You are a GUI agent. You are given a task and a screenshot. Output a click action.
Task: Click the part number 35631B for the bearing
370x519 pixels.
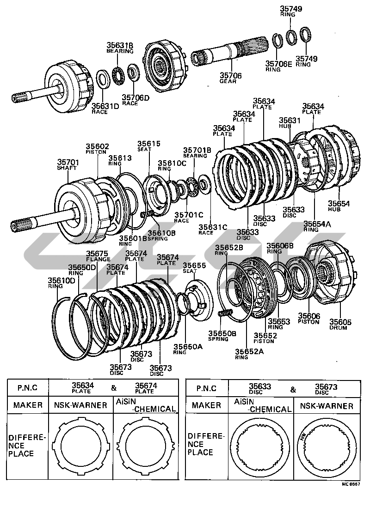pyautogui.click(x=120, y=45)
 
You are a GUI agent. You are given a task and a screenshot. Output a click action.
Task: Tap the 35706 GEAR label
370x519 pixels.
pyautogui.click(x=228, y=78)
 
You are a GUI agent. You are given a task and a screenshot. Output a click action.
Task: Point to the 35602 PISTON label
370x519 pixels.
pyautogui.click(x=97, y=149)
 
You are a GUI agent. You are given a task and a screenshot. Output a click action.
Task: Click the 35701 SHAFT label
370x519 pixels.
pyautogui.click(x=68, y=165)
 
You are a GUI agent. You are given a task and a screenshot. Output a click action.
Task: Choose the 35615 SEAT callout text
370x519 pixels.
pyautogui.click(x=148, y=146)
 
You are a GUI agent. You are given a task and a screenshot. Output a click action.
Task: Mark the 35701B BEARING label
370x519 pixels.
pyautogui.click(x=197, y=152)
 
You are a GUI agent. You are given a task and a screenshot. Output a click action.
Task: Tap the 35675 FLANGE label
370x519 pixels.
pyautogui.click(x=97, y=256)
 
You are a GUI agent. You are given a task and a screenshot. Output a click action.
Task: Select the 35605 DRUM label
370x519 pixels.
pyautogui.click(x=340, y=324)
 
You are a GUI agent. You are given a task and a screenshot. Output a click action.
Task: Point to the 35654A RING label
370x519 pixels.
pyautogui.click(x=317, y=226)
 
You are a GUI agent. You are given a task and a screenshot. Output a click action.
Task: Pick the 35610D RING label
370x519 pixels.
pyautogui.click(x=62, y=283)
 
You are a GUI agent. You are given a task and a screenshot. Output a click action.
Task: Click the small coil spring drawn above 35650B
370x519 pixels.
pyautogui.click(x=224, y=314)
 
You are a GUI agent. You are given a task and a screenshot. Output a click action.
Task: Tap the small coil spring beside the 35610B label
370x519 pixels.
pyautogui.click(x=147, y=214)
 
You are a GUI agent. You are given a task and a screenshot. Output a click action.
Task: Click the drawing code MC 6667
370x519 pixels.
pyautogui.click(x=351, y=484)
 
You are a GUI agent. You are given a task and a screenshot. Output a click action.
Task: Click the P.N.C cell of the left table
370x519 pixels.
pyautogui.click(x=27, y=388)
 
